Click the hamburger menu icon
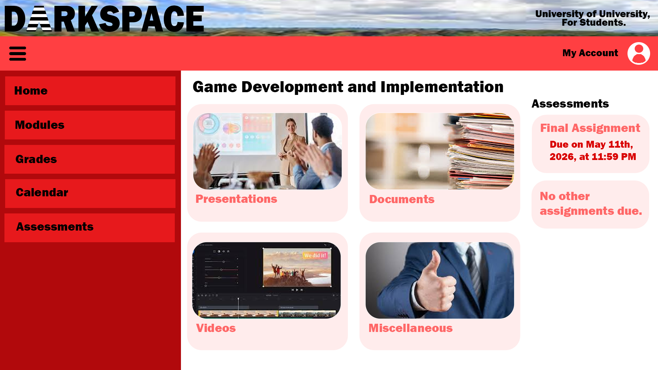coord(18,53)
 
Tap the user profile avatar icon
coord(639,53)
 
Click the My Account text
coord(590,53)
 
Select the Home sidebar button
coord(90,91)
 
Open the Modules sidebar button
coord(90,125)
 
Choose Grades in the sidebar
coord(89,159)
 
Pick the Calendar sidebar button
coord(90,194)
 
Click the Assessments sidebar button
coord(89,228)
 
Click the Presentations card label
coord(236,199)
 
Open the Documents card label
coord(402,199)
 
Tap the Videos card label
coord(216,328)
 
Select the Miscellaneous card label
coord(411,328)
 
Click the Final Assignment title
coord(590,128)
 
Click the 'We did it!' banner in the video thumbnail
coord(315,255)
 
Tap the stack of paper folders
coord(480,151)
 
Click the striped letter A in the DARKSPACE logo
coord(39,18)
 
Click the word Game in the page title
coord(215,87)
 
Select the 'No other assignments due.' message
coord(591,203)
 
